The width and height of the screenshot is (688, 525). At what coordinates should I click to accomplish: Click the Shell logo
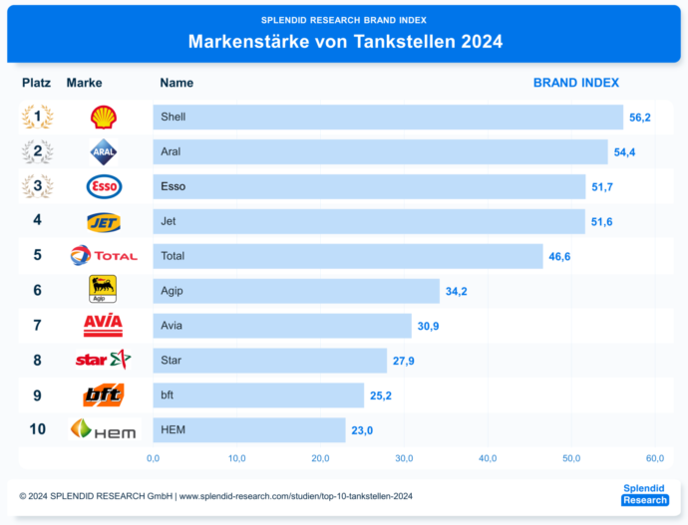pyautogui.click(x=103, y=118)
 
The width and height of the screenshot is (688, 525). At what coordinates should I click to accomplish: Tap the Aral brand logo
pyautogui.click(x=103, y=152)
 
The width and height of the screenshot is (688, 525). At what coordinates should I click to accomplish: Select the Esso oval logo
pyautogui.click(x=103, y=186)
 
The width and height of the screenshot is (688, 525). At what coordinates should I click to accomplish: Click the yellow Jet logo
pyautogui.click(x=103, y=221)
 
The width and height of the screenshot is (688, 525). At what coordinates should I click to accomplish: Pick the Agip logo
pyautogui.click(x=103, y=290)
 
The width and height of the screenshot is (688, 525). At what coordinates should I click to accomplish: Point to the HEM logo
pyautogui.click(x=103, y=429)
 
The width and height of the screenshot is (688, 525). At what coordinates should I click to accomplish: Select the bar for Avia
pyautogui.click(x=281, y=326)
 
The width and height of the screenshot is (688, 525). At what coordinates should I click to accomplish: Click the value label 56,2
pyautogui.click(x=639, y=118)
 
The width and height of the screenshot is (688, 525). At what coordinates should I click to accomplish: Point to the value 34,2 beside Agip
pyautogui.click(x=457, y=291)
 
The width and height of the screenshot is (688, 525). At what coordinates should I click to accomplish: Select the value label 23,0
pyautogui.click(x=362, y=430)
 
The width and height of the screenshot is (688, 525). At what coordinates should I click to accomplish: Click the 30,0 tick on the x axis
pyautogui.click(x=404, y=458)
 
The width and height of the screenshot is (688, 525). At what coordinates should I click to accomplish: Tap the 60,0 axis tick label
pyautogui.click(x=654, y=458)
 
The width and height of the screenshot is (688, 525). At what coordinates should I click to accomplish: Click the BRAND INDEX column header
pyautogui.click(x=576, y=83)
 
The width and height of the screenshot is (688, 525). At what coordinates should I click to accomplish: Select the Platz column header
pyautogui.click(x=37, y=83)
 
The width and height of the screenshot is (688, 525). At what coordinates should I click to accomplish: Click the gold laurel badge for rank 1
pyautogui.click(x=37, y=118)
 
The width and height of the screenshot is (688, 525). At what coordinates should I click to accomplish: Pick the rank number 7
pyautogui.click(x=37, y=326)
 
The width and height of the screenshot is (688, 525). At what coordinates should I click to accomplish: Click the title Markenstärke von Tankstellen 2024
pyautogui.click(x=345, y=42)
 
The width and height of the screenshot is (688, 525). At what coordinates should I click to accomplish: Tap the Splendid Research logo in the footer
pyautogui.click(x=643, y=494)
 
